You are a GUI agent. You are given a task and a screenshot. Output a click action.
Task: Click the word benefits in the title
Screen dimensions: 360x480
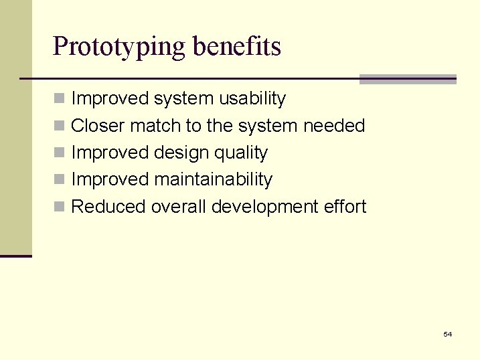(x=236, y=46)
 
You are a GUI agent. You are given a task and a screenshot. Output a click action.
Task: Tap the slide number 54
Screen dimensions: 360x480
(x=447, y=334)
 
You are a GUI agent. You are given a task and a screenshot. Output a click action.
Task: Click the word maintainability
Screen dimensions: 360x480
(x=213, y=179)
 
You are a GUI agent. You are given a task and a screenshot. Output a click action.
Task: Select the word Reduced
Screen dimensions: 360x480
(x=108, y=207)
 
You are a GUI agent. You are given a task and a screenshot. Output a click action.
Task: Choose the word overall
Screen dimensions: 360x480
(x=179, y=207)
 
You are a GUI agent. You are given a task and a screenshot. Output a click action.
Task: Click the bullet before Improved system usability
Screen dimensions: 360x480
(x=60, y=99)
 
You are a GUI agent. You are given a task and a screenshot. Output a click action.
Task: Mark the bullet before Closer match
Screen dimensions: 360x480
(x=60, y=126)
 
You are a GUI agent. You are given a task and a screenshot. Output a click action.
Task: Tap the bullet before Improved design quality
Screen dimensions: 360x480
(x=60, y=153)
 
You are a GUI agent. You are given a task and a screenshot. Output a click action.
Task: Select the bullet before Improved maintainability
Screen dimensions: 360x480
(x=60, y=180)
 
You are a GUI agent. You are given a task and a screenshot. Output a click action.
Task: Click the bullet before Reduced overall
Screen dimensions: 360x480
(x=60, y=207)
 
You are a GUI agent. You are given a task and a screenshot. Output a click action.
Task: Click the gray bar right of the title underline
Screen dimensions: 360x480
(x=408, y=79)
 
